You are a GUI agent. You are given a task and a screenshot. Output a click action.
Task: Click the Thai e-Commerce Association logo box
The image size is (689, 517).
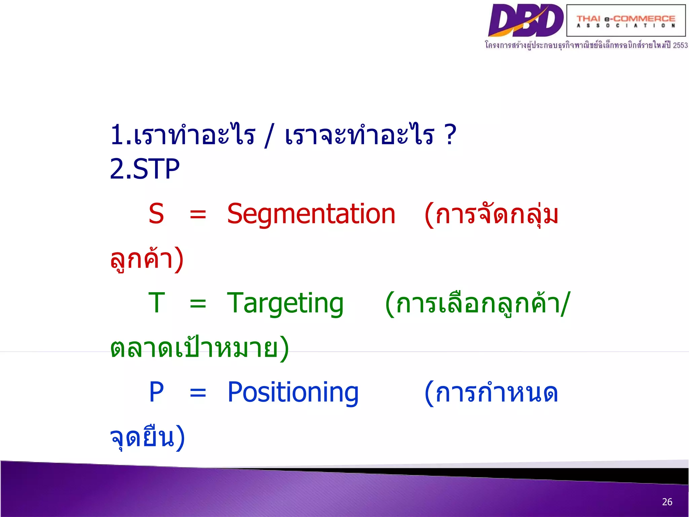[626, 21]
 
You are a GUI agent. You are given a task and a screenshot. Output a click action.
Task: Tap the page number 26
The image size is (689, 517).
[667, 502]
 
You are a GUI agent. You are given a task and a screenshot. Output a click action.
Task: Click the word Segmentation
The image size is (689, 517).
[311, 214]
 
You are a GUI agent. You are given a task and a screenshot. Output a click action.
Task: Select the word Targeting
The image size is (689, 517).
[285, 303]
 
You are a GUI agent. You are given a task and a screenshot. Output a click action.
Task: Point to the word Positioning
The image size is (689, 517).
[293, 392]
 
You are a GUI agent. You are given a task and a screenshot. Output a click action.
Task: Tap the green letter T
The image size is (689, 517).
[157, 303]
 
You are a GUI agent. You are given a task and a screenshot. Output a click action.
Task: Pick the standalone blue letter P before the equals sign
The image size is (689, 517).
[156, 392]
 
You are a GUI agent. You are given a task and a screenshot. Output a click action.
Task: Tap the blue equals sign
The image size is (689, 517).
[198, 393]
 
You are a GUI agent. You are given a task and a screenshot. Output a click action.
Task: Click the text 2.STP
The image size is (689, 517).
[145, 169]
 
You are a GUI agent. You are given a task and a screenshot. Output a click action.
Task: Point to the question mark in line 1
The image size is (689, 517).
[450, 134]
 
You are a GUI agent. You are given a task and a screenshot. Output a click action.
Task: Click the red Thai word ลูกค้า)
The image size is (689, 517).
[147, 259]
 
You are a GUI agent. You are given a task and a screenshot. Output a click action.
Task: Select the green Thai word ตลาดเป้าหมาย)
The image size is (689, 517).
[199, 348]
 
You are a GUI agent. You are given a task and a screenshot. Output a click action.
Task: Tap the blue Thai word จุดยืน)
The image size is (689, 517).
[147, 437]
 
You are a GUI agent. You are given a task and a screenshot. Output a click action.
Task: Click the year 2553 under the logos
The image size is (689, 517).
[680, 45]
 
